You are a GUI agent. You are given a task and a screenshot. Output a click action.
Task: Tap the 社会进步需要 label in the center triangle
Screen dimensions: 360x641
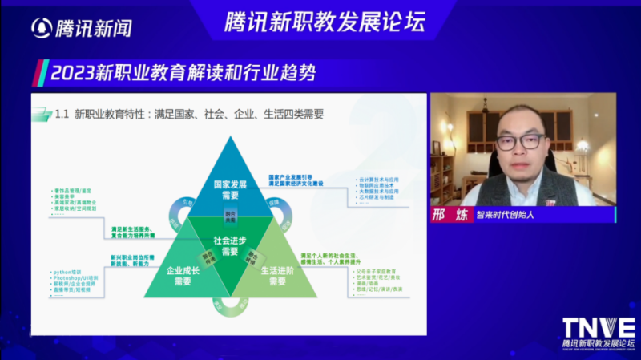[230, 245]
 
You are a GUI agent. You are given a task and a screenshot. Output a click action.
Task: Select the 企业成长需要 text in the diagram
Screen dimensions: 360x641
[182, 276]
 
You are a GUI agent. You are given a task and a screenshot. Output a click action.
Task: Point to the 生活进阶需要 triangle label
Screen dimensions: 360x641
[278, 276]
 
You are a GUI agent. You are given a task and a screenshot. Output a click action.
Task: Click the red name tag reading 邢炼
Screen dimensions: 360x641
[445, 215]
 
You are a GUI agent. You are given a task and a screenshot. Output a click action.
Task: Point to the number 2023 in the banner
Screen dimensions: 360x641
[70, 74]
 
